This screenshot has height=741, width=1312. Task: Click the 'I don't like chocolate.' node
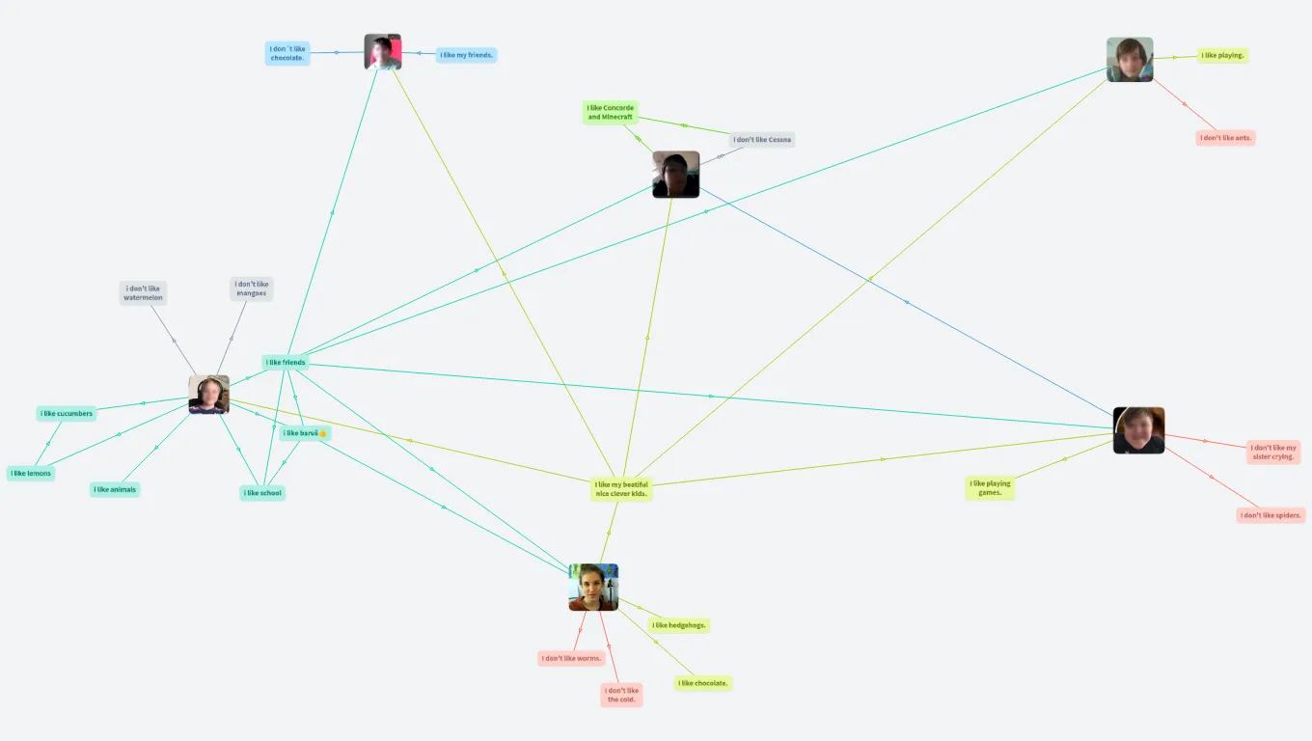pos(287,53)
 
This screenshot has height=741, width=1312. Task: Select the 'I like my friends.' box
pos(467,55)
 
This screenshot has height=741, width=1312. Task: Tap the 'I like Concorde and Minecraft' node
pos(611,113)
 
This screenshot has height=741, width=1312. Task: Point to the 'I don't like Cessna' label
pos(762,140)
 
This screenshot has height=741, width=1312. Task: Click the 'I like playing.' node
pos(1222,56)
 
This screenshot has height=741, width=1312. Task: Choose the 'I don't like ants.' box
pos(1225,138)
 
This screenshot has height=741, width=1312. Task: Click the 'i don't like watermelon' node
pos(143,293)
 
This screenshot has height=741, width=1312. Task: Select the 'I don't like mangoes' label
pos(252,288)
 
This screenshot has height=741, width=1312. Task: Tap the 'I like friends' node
pos(286,363)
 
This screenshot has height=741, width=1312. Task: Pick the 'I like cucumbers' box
pos(67,414)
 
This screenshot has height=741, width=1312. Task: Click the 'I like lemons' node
pos(31,474)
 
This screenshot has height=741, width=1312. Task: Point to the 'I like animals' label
pos(115,490)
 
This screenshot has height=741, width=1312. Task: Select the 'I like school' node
pos(262,493)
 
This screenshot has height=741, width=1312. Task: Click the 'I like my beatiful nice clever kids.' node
pos(622,489)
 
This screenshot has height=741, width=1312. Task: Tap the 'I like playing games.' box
pos(990,488)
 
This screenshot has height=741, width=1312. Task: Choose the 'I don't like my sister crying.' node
pos(1273,452)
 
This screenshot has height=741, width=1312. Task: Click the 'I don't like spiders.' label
pos(1271,515)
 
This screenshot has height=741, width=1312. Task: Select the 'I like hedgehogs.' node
pos(679,625)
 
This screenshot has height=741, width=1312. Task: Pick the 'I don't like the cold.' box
pos(621,695)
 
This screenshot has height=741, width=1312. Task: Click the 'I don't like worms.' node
pos(571,659)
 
